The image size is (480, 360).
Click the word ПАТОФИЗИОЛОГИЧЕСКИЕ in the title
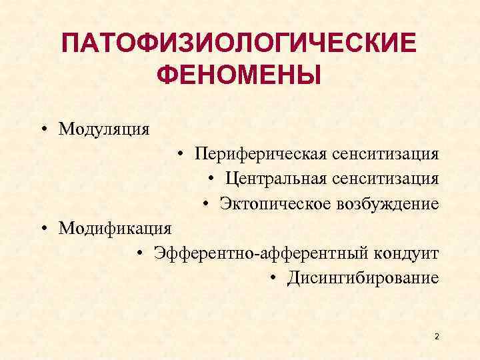(239, 45)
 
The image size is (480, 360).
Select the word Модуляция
(103, 127)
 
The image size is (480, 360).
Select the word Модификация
(115, 228)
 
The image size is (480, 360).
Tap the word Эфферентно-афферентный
(249, 253)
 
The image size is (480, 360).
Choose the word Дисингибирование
(363, 277)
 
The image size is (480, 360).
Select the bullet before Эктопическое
(207, 203)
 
